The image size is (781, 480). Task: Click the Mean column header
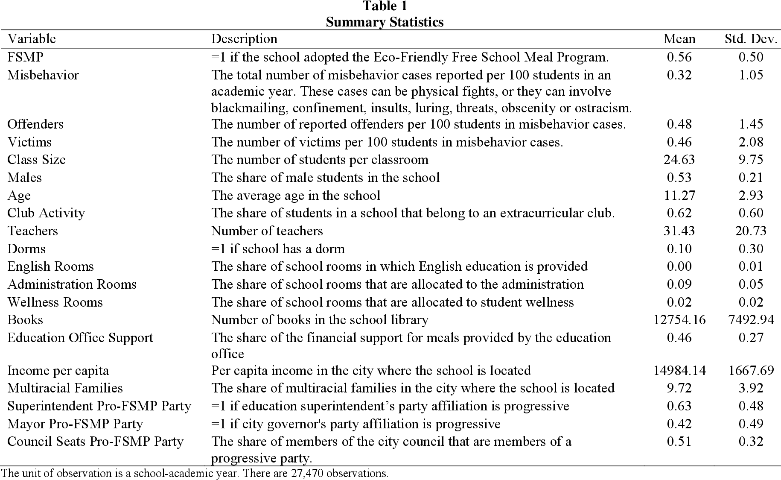(679, 39)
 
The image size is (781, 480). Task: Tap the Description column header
(244, 39)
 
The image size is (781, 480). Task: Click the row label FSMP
(25, 57)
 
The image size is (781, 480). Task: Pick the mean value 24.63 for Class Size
(679, 160)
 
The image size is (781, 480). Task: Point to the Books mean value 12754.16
(679, 320)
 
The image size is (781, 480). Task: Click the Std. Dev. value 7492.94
(751, 320)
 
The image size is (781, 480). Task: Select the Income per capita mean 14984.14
(679, 370)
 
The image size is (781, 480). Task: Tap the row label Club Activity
(46, 213)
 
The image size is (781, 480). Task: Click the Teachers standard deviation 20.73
(751, 231)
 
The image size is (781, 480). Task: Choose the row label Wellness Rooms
(55, 302)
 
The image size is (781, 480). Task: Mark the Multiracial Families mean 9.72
(679, 388)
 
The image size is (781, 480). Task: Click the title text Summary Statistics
(385, 22)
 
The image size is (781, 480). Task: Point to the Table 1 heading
(385, 6)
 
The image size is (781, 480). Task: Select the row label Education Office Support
(80, 338)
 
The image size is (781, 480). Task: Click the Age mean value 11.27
(679, 196)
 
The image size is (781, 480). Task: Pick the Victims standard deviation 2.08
(751, 142)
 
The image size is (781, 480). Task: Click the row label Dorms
(26, 249)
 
